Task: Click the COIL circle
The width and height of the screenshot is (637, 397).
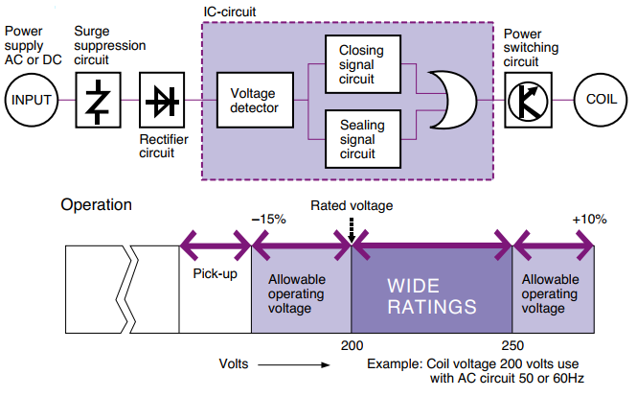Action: [601, 99]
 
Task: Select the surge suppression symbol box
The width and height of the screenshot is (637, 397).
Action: [99, 99]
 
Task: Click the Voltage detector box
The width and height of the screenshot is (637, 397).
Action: [255, 100]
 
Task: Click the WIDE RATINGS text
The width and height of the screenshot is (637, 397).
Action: [432, 296]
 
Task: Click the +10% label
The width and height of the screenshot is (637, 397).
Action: [589, 219]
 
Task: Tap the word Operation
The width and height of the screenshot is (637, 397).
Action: [97, 204]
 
